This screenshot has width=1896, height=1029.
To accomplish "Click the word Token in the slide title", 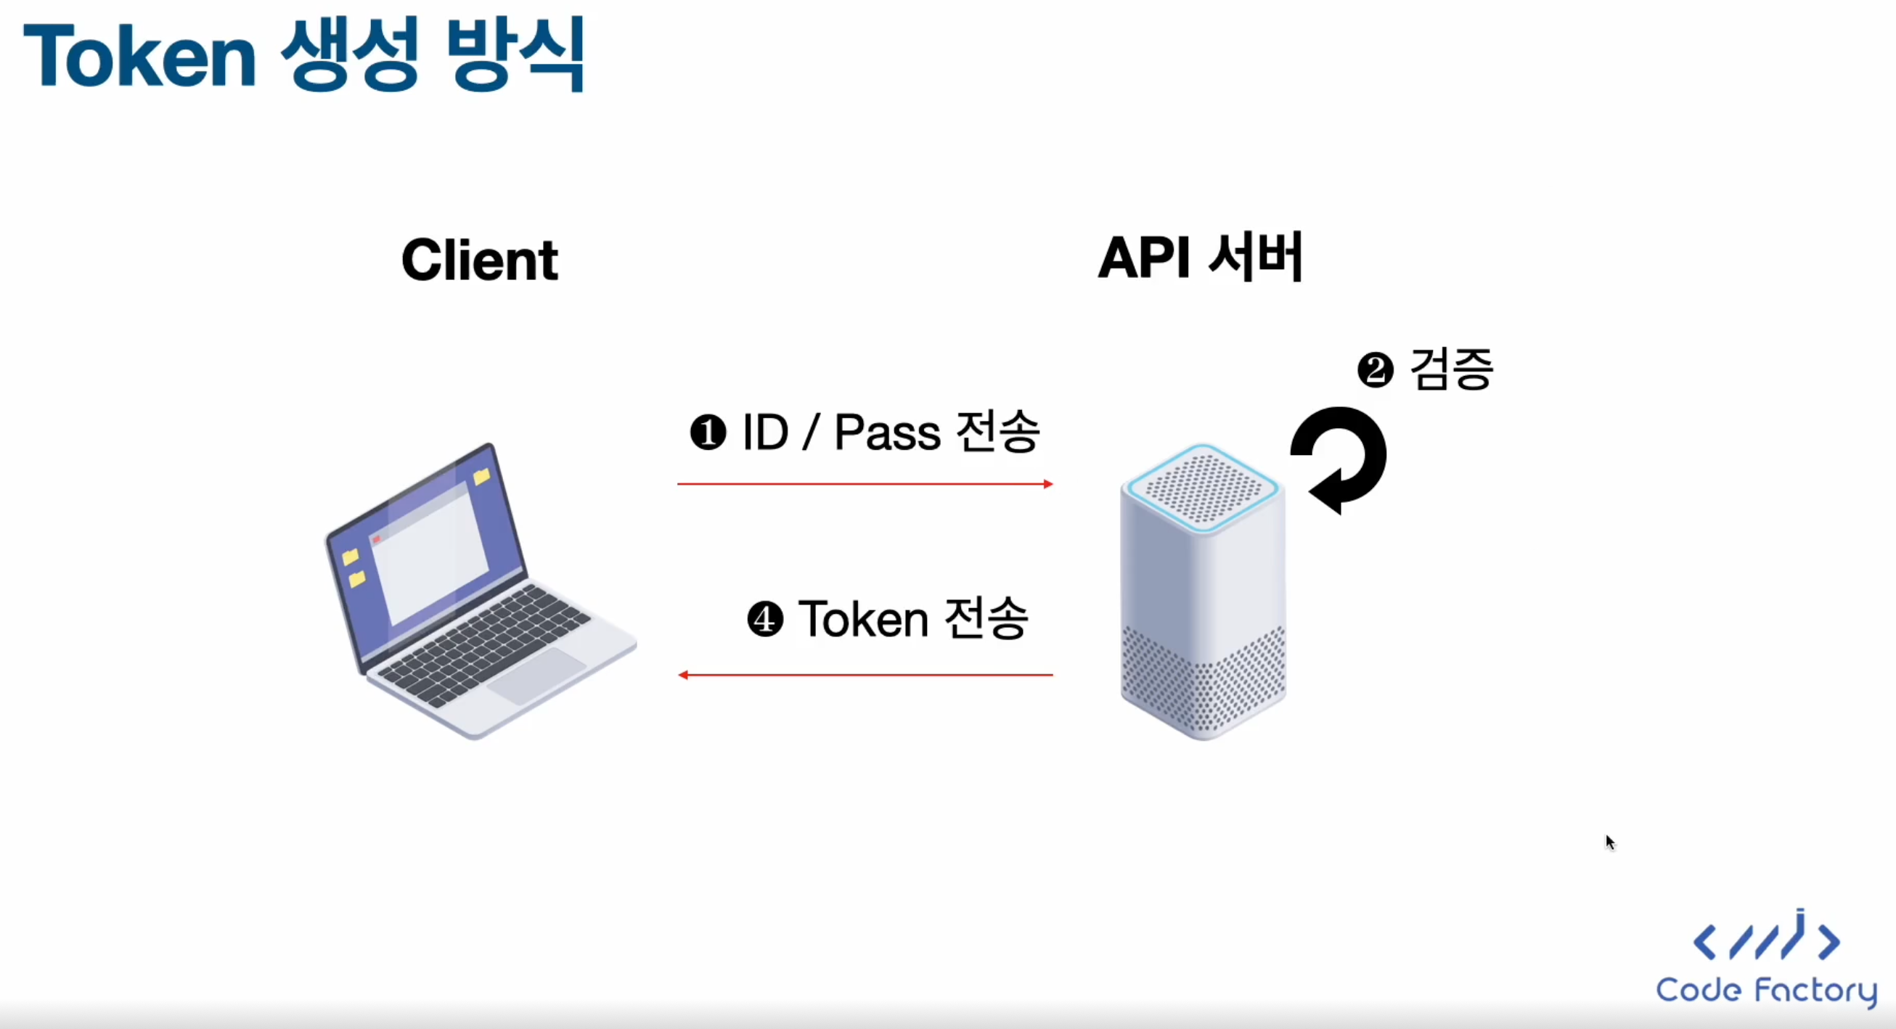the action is [x=140, y=55].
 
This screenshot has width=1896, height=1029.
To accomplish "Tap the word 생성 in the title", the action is [x=351, y=55].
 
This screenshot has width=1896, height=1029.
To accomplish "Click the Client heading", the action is [x=480, y=260].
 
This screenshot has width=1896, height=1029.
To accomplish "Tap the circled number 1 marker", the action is [x=708, y=432].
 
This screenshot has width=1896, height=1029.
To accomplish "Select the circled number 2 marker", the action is [x=1376, y=370].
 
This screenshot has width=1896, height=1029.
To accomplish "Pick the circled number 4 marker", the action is [x=766, y=619].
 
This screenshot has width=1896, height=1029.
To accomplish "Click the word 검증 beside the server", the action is [x=1452, y=369].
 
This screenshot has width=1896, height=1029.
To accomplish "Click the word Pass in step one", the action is [x=887, y=432].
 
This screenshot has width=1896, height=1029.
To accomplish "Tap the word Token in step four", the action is [x=863, y=619].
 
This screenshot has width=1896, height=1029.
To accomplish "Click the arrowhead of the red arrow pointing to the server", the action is [x=1048, y=483].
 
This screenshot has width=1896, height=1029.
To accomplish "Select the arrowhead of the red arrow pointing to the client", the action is [x=683, y=674].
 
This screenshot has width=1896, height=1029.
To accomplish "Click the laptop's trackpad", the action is [x=536, y=676].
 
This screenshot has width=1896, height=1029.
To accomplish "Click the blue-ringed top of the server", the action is [x=1203, y=487].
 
